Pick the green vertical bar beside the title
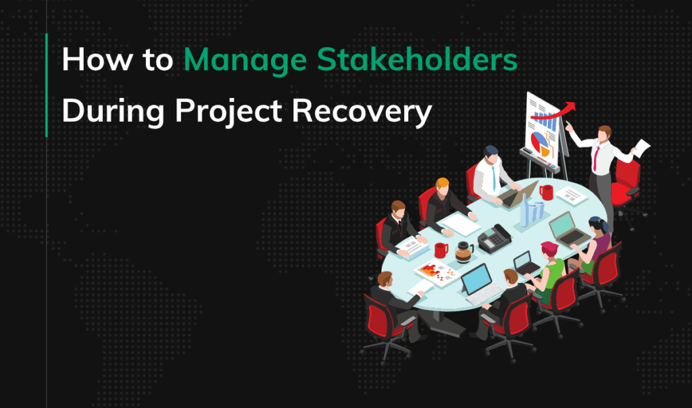(x=47, y=85)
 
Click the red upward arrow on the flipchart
(x=558, y=112)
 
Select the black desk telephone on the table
(x=494, y=238)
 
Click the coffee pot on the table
(x=464, y=251)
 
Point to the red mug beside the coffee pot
(x=441, y=250)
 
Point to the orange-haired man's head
(x=443, y=184)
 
